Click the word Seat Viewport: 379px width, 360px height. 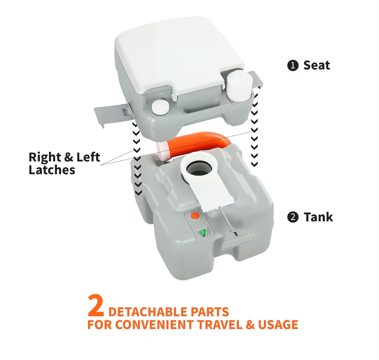317,65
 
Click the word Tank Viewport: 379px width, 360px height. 318,217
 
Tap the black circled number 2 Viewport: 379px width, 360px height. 293,218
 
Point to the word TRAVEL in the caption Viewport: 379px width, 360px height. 224,325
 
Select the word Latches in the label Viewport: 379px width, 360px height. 52,170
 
